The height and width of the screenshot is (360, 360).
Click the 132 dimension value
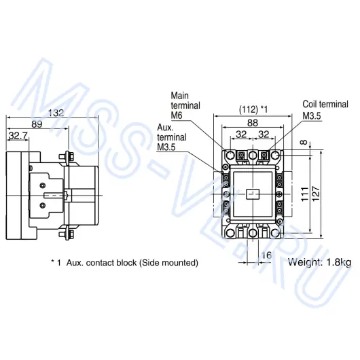click(x=56, y=113)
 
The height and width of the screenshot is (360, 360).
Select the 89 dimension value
click(x=37, y=124)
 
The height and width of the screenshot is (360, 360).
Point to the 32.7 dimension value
click(x=18, y=136)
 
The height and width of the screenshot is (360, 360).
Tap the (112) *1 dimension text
click(x=253, y=109)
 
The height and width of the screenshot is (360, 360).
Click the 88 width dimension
click(x=253, y=123)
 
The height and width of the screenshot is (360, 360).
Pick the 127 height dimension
click(x=316, y=194)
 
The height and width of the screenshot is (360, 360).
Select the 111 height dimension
click(x=305, y=194)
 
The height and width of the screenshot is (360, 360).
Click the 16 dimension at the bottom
click(x=266, y=255)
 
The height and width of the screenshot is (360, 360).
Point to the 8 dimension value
click(x=304, y=143)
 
